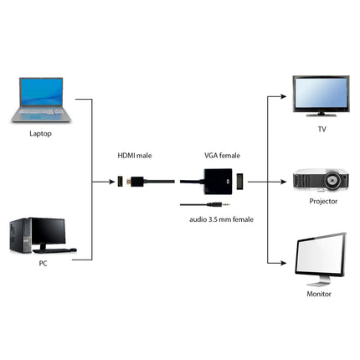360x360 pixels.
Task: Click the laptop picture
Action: click(x=41, y=99)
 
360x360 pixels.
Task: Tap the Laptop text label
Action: click(x=41, y=132)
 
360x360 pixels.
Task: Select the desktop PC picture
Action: click(x=41, y=236)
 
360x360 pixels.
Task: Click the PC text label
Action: click(x=42, y=264)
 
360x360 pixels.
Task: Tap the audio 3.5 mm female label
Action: click(x=221, y=219)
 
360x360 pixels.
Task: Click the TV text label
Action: click(x=321, y=130)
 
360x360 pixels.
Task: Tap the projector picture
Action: click(x=319, y=182)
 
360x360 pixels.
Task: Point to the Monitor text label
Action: click(x=320, y=294)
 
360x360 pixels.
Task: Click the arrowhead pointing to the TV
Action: click(x=285, y=95)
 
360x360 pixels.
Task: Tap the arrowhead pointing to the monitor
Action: click(x=285, y=260)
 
